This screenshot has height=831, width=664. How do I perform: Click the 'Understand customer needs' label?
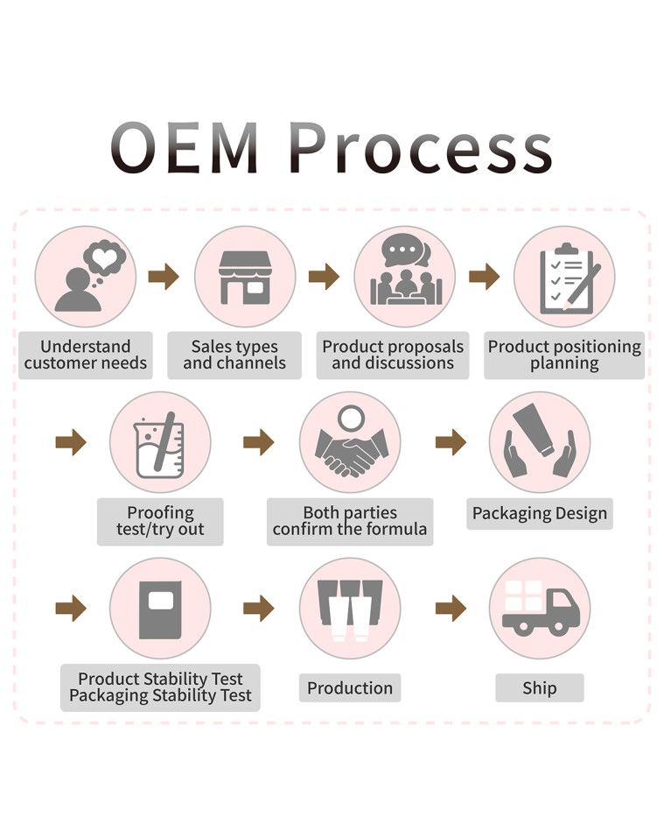pyautogui.click(x=86, y=355)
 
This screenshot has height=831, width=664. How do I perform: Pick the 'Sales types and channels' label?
pyautogui.click(x=234, y=355)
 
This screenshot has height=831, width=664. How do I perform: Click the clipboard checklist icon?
pyautogui.click(x=564, y=277)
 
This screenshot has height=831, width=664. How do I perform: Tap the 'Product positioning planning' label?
pyautogui.click(x=564, y=355)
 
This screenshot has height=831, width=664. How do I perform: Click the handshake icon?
pyautogui.click(x=350, y=442)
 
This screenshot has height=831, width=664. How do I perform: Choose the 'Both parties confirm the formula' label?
pyautogui.click(x=350, y=521)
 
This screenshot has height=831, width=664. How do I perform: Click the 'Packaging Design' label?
pyautogui.click(x=539, y=513)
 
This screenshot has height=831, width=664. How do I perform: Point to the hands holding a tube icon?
pyautogui.click(x=539, y=442)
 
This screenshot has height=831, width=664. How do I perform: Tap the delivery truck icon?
pyautogui.click(x=539, y=608)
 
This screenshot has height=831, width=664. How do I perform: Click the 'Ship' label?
pyautogui.click(x=539, y=687)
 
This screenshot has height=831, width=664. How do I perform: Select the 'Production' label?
pyautogui.click(x=350, y=687)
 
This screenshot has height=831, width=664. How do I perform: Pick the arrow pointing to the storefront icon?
pyautogui.click(x=164, y=277)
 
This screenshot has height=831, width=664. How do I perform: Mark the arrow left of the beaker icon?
pyautogui.click(x=71, y=442)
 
